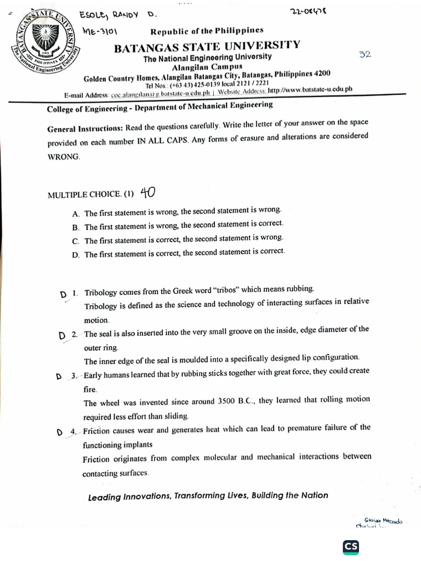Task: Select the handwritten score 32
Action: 365,54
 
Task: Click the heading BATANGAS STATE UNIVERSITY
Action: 207,45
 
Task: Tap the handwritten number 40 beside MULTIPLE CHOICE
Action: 147,192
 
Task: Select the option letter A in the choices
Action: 75,214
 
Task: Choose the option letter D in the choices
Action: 75,255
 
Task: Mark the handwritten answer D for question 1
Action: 64,295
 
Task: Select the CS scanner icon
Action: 351,547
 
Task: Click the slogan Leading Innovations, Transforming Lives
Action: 208,496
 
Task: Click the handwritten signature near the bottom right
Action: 380,523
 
